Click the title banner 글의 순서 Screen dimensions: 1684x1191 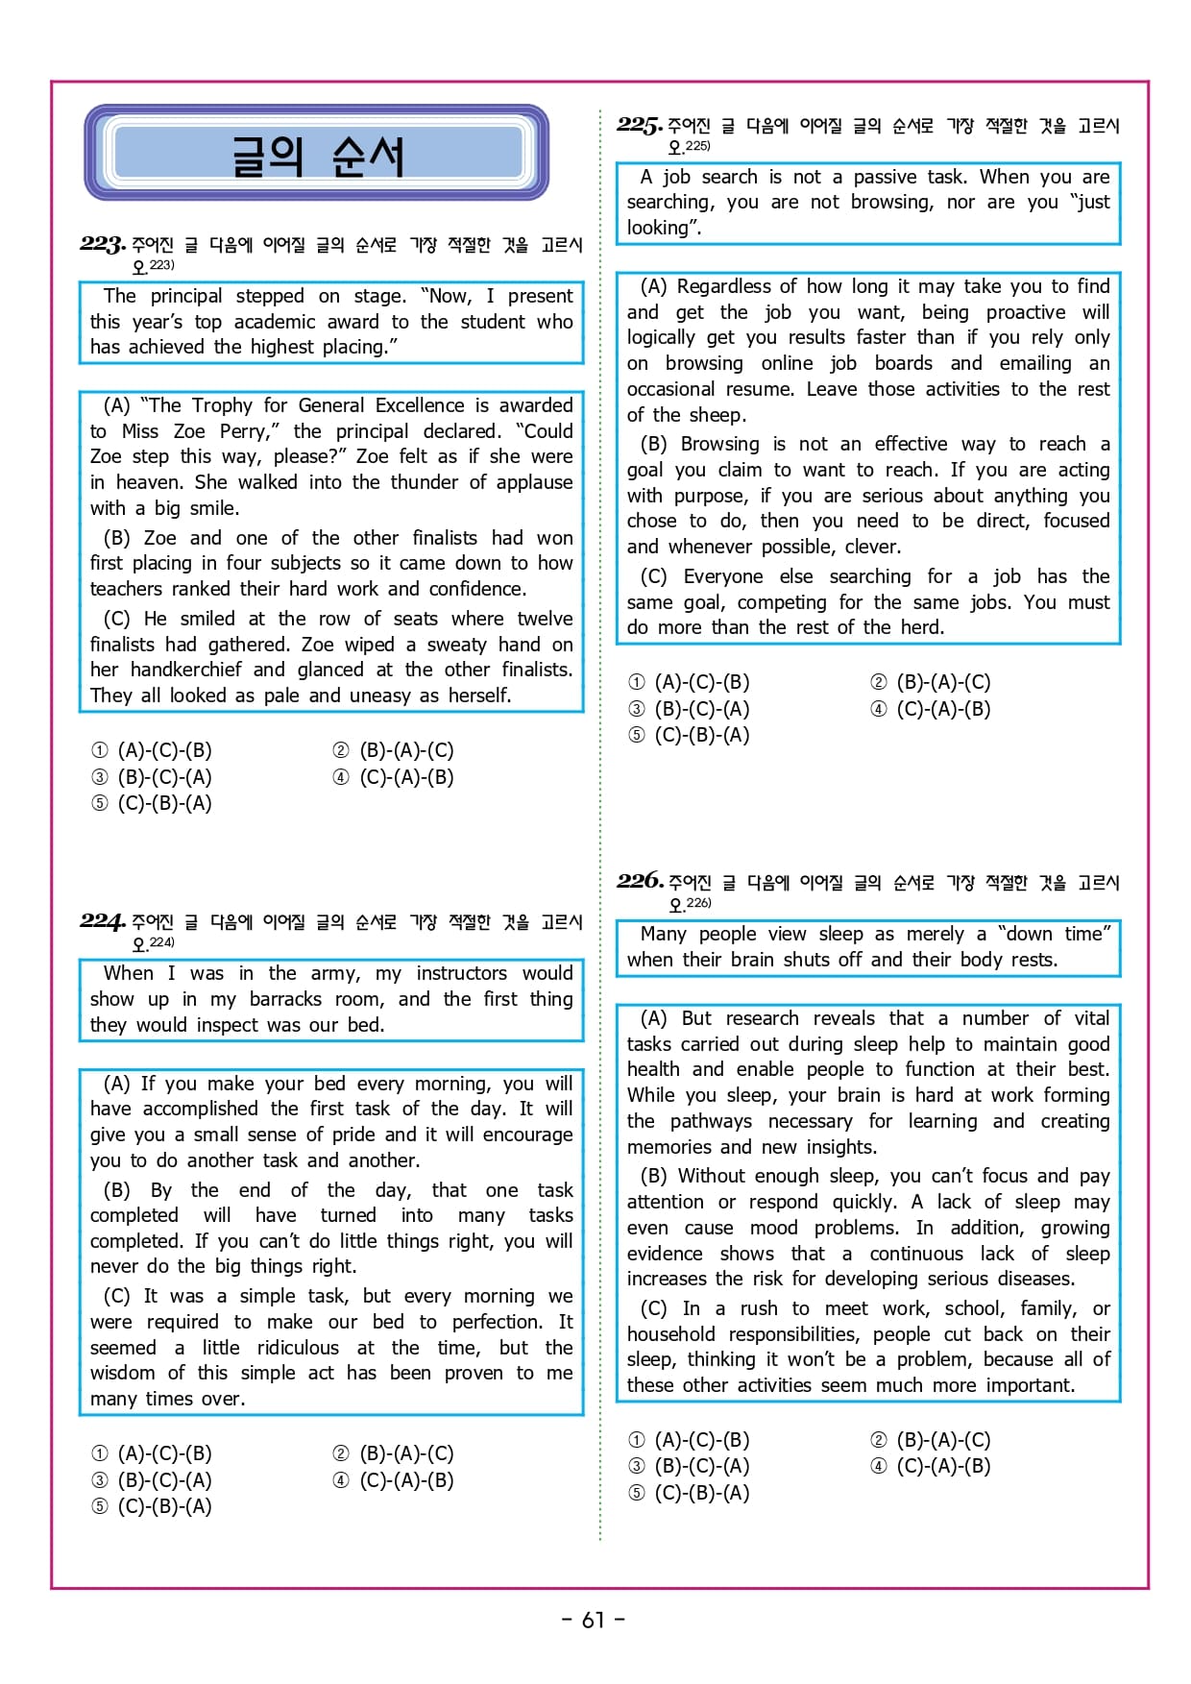[x=317, y=155]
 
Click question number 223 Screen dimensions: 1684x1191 [x=102, y=244]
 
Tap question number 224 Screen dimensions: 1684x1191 [x=102, y=920]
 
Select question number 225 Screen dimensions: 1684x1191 [x=639, y=125]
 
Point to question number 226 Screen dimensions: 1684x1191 [x=639, y=880]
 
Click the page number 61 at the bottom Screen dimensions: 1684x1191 [x=594, y=1620]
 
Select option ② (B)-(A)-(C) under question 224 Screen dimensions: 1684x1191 [x=394, y=1453]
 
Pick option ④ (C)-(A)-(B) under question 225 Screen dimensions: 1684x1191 [x=931, y=709]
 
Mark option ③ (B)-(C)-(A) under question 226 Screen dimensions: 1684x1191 [x=689, y=1466]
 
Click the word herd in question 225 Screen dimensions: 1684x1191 [x=920, y=627]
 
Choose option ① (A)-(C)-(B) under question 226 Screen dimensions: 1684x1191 [x=689, y=1440]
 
